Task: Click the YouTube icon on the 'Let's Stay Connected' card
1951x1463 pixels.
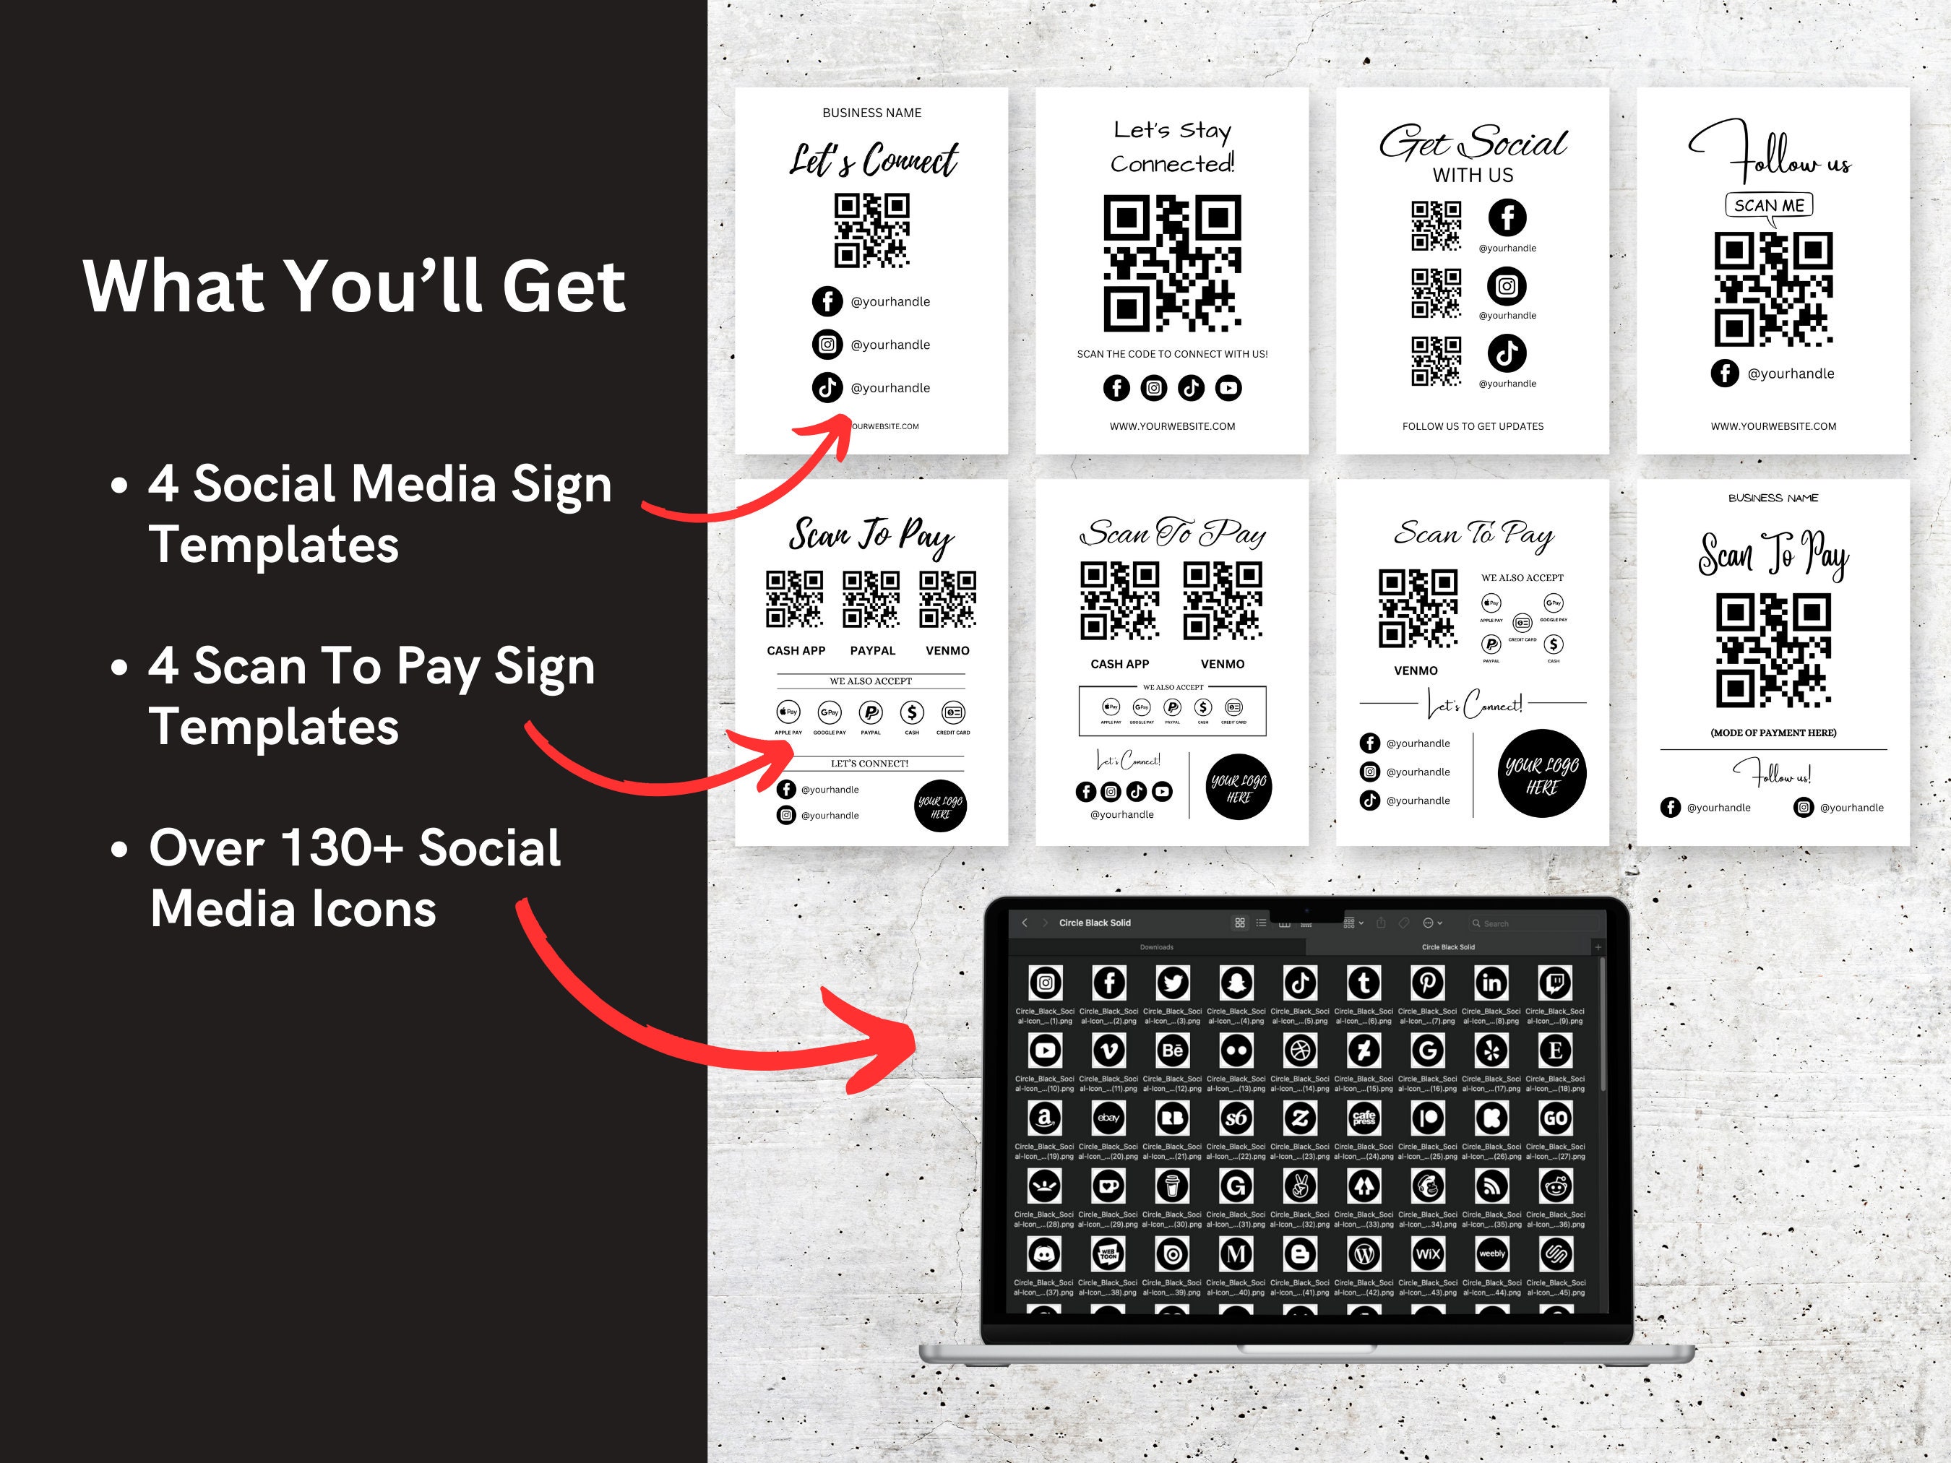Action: click(1228, 387)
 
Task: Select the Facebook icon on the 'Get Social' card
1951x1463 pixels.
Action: click(1507, 217)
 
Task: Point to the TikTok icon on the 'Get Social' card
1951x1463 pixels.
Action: click(1507, 353)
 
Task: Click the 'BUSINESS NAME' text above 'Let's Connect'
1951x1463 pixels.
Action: click(871, 113)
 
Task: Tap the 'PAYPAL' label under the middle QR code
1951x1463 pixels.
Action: click(872, 651)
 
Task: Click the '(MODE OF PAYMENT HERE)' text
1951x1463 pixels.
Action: click(1773, 733)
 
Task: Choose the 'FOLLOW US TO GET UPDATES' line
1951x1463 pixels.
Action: click(1472, 426)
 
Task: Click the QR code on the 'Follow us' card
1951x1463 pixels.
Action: click(1773, 289)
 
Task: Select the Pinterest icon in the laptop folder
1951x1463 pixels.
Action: click(1427, 983)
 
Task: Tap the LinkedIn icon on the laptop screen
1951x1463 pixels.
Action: click(1491, 983)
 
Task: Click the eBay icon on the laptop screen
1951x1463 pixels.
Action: click(1108, 1118)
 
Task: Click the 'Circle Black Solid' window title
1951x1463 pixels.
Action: click(1094, 923)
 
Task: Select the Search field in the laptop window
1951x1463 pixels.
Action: click(1530, 923)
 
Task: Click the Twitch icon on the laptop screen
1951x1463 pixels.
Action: click(1554, 983)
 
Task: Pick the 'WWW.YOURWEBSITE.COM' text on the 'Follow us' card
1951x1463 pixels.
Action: click(1773, 426)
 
